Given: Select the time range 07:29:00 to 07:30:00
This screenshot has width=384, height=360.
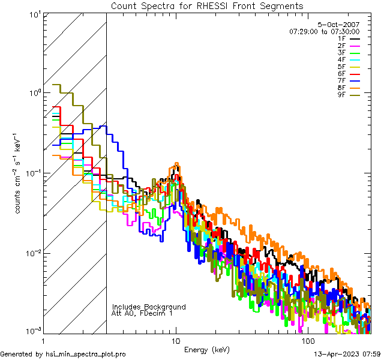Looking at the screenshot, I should coord(324,31).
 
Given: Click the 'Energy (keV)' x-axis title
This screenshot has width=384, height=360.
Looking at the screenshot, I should coord(206,349).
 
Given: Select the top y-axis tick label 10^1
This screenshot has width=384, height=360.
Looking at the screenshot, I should coord(33,14).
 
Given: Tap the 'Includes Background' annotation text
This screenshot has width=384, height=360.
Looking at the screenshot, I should coord(149,307).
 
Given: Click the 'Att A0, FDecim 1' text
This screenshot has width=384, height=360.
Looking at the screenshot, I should coord(142,313).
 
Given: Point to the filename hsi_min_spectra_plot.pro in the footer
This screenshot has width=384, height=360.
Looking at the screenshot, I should coord(86,354).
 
